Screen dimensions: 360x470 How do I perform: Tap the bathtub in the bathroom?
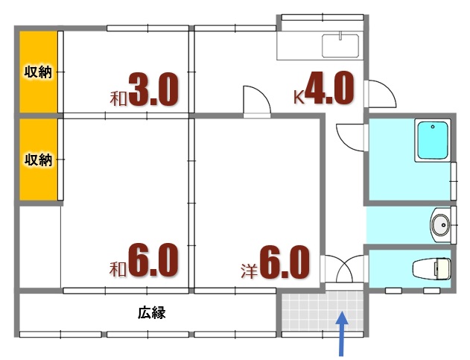point(433,141)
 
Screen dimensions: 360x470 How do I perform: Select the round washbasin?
point(440,224)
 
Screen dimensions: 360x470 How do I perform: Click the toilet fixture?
point(432,267)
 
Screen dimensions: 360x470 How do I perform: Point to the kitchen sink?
point(340,45)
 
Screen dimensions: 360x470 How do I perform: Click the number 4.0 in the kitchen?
point(328,90)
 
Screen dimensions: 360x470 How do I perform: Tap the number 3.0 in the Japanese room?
point(153,90)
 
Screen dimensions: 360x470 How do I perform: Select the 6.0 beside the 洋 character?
point(284,262)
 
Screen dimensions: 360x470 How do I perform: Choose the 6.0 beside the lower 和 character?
point(153,261)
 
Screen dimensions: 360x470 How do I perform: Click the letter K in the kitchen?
point(298,95)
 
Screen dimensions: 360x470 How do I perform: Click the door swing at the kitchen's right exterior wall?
point(381,93)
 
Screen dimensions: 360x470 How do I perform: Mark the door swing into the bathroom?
point(349,135)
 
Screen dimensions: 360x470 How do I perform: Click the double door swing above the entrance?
point(343,268)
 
